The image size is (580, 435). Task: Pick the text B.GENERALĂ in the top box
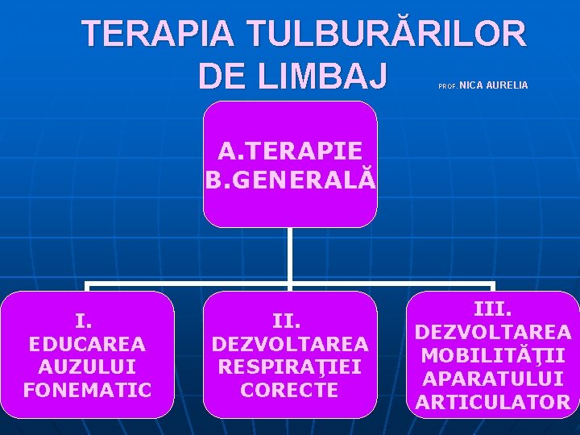coord(290,178)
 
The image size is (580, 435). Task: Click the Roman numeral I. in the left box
coord(83,321)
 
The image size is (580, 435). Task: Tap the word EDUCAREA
coord(87,344)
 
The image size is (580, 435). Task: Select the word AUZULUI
coord(87,367)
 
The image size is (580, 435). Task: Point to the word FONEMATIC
coord(87,391)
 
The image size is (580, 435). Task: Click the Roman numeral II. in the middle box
coord(287,321)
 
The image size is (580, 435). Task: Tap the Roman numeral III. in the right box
coord(493,309)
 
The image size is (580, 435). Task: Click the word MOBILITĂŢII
coord(493,355)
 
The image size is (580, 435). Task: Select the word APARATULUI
coord(493,379)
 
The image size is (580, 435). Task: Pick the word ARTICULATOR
coord(493,402)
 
